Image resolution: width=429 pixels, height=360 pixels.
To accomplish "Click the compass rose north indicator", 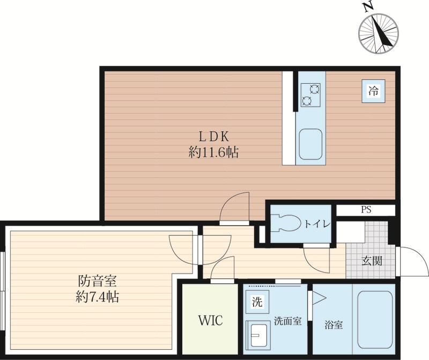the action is point(379,33).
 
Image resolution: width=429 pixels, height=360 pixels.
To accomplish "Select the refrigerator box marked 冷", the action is point(373,91).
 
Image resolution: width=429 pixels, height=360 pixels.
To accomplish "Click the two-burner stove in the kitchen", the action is point(310,95).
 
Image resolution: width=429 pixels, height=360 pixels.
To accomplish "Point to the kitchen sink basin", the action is point(310,144).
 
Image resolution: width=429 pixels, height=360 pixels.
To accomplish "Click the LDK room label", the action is point(213,136).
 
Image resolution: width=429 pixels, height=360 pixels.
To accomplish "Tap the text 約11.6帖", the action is point(213,152).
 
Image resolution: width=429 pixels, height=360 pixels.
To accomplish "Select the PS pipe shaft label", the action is point(366,210).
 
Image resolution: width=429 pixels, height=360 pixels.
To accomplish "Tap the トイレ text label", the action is point(317,224).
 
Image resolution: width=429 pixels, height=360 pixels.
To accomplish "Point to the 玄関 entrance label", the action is point(372,261).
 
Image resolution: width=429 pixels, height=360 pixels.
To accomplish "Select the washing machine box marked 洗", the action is point(257,302).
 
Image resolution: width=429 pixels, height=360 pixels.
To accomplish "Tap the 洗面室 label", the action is point(288,321).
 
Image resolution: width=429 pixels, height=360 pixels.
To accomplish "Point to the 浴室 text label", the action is point(334,325).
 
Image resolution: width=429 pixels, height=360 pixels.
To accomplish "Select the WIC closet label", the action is point(210,321).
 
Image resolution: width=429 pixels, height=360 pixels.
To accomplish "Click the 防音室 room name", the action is point(98,281).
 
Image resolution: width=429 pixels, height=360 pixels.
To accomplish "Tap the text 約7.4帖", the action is point(97,297).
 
